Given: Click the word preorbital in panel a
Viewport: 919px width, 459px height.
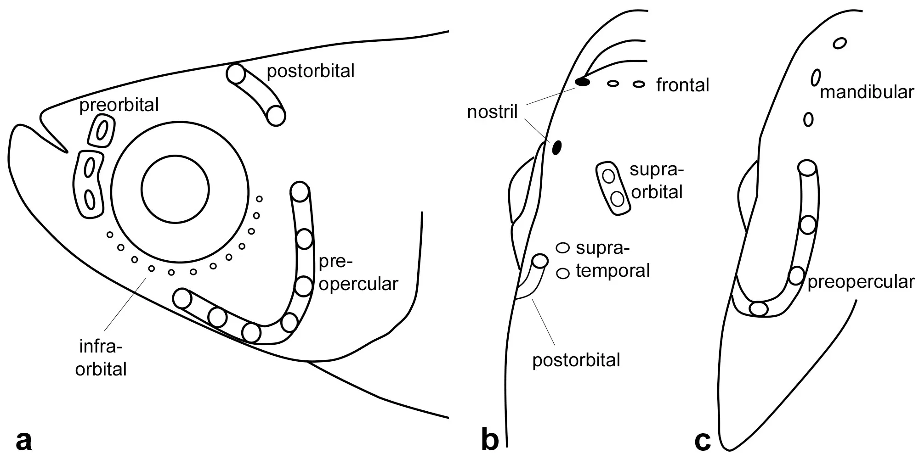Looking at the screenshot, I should pos(119,105).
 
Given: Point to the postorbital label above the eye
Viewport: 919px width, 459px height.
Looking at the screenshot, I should pos(311,71).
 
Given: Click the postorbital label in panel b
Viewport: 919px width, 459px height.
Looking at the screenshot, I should pos(576,360).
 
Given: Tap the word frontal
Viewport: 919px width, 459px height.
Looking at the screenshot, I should pos(682,85).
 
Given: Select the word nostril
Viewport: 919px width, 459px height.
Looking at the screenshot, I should pos(492,112).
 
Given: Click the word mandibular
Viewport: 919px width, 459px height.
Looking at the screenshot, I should pos(867,92).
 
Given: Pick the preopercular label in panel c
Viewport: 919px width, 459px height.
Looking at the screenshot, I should pos(861,282).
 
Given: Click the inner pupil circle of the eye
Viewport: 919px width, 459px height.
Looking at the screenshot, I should pos(176,189).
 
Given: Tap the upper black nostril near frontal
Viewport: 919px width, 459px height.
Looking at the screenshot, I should pos(583,83).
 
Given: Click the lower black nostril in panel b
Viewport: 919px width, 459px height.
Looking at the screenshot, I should pos(557,147).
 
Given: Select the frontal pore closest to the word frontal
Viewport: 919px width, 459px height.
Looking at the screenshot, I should pos(639,84).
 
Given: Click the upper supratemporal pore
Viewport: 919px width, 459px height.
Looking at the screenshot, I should pos(563,248).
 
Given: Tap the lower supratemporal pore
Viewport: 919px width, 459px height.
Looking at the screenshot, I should pos(563,273).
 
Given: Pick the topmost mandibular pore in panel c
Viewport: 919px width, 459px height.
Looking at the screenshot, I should pos(840,44).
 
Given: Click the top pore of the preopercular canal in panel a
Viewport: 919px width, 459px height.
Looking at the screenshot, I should pos(300,191).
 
